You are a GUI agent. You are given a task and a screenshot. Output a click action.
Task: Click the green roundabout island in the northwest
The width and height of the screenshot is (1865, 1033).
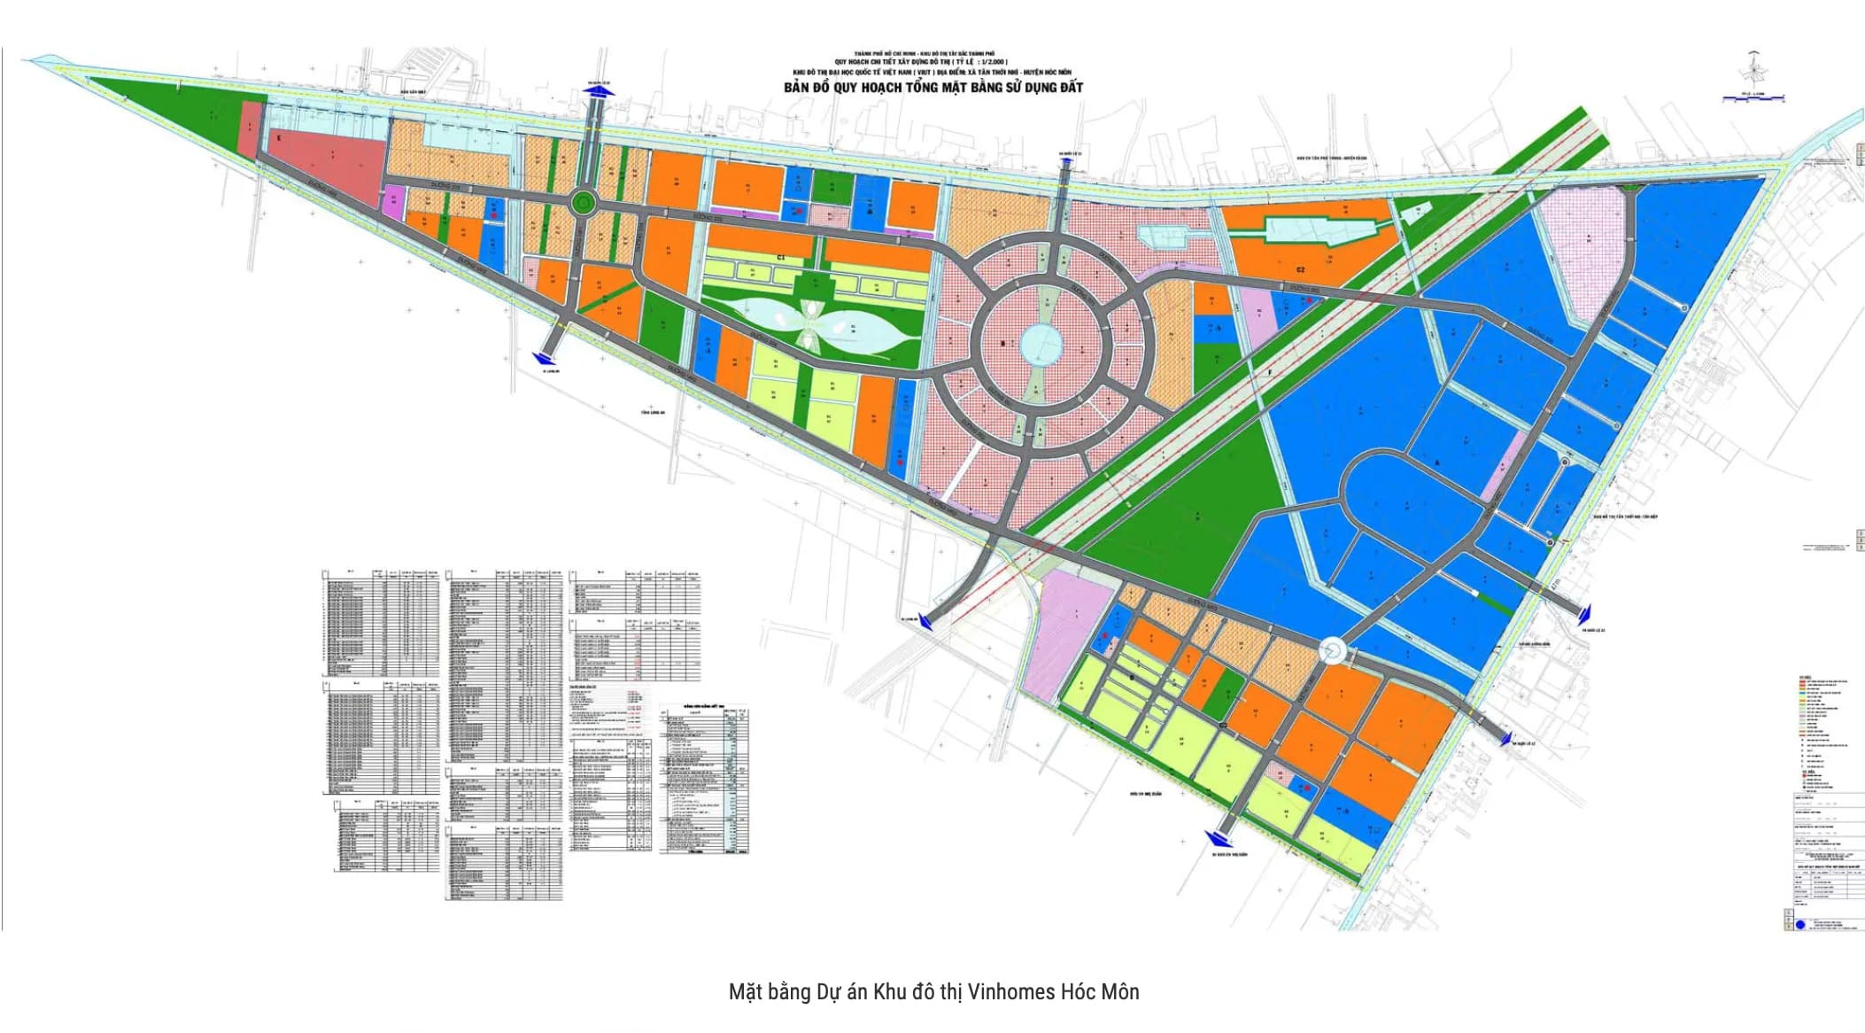pos(582,204)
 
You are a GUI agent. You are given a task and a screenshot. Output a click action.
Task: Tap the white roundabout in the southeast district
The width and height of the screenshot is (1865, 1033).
pos(1332,652)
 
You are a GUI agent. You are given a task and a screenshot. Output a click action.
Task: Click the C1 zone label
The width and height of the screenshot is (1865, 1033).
pos(781,258)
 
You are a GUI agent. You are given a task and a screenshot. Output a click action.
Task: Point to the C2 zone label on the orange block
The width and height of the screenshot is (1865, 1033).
pos(1301,269)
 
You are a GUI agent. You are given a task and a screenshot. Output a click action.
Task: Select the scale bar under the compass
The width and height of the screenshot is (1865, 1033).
pos(1752,98)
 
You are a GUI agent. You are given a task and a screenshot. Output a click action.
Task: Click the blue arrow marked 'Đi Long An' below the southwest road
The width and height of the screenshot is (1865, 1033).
pos(543,357)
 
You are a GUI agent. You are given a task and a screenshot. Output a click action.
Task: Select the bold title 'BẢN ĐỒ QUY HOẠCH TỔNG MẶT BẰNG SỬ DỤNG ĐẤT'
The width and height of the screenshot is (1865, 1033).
pos(932,88)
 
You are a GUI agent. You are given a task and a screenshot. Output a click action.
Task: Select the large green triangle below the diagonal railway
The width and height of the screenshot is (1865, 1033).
pos(1187,505)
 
